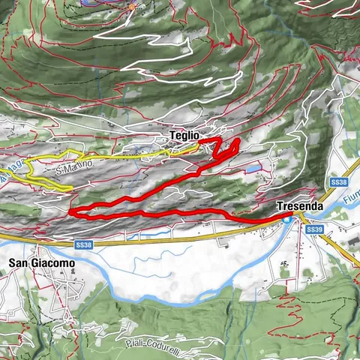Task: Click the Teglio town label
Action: click(183, 136)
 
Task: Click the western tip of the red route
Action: click(70, 212)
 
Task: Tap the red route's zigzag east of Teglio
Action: click(227, 148)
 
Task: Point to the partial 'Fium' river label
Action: click(351, 199)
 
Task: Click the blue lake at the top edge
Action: click(94, 3)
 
